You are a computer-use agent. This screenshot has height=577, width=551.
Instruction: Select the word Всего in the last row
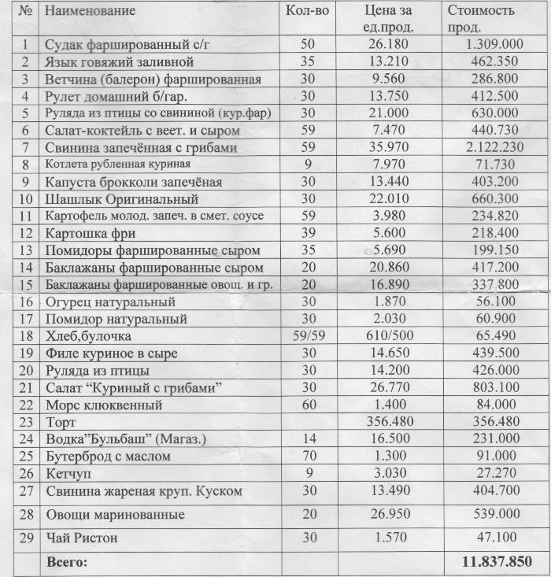[68, 562]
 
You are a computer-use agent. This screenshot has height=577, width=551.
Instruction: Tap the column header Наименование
[90, 11]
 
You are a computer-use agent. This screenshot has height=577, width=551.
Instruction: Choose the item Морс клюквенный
[104, 405]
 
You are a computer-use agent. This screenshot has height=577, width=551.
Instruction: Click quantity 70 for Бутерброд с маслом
[307, 457]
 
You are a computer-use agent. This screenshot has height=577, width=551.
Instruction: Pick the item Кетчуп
[67, 473]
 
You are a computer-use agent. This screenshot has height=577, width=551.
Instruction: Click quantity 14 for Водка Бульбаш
[307, 439]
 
